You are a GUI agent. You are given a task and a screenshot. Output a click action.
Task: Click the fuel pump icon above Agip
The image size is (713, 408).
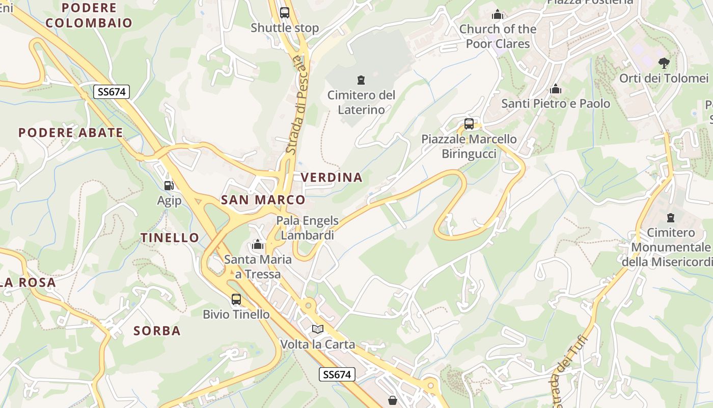[x=169, y=186]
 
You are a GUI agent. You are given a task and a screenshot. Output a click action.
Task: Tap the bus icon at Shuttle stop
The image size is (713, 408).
[x=285, y=13]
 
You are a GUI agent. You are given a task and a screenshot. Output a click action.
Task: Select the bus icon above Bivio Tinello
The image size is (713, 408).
[x=236, y=299]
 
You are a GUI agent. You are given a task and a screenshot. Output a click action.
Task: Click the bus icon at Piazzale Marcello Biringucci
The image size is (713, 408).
[x=469, y=124]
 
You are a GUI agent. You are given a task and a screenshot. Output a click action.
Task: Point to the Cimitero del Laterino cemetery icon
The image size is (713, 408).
[x=361, y=80]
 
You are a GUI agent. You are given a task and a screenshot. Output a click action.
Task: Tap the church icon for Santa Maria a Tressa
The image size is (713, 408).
[x=258, y=245]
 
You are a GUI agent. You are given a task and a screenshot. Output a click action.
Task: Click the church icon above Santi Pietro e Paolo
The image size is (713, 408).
[x=556, y=89]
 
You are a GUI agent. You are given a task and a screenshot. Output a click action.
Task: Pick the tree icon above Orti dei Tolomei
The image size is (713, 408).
[x=664, y=63]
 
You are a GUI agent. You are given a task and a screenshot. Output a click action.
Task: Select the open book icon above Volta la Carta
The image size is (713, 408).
[x=318, y=329]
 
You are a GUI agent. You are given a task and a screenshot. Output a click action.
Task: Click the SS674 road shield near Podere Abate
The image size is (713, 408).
[x=112, y=92]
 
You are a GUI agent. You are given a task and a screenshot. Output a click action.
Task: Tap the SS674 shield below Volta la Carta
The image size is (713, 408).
[x=337, y=374]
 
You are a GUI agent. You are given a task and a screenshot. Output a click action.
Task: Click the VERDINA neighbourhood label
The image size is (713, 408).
[x=332, y=177]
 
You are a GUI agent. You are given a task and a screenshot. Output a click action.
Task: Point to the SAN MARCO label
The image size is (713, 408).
[x=263, y=200]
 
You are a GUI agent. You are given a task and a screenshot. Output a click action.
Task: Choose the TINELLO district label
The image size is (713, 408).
[x=170, y=238]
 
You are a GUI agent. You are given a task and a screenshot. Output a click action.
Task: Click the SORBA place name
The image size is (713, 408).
[x=157, y=331]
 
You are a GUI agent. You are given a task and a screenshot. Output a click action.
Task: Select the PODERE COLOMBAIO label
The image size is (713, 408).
[x=89, y=15]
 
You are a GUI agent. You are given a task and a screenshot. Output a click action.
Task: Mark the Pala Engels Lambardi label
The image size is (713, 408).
[x=307, y=228]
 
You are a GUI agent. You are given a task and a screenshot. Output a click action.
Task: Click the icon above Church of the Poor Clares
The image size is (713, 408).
[x=498, y=15]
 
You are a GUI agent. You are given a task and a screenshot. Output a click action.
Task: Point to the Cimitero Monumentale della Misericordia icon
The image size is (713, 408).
[x=671, y=218]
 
